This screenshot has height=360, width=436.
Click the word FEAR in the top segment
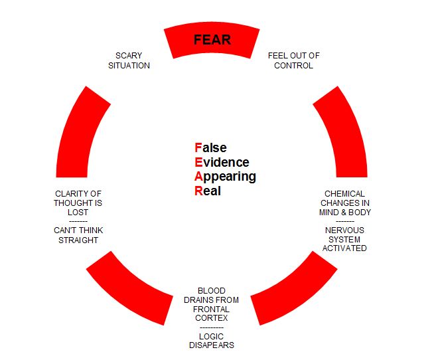(x=212, y=40)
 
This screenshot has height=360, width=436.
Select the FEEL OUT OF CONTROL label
(x=293, y=60)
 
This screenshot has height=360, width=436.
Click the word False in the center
(x=210, y=148)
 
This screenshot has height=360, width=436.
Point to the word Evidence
(x=222, y=163)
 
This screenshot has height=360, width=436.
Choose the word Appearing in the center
(x=225, y=177)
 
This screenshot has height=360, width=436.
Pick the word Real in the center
(x=208, y=191)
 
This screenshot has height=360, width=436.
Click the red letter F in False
(x=197, y=148)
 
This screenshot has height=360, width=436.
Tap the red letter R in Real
(x=198, y=191)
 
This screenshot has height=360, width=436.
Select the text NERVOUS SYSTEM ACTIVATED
(x=344, y=239)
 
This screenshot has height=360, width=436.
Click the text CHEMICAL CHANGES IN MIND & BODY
(x=344, y=203)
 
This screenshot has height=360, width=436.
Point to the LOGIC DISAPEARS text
(x=211, y=341)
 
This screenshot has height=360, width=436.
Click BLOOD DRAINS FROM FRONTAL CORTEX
(x=211, y=304)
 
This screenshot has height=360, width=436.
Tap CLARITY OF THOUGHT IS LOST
(x=78, y=203)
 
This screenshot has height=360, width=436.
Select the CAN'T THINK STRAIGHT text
(x=78, y=235)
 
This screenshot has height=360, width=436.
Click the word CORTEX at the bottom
(x=212, y=318)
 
